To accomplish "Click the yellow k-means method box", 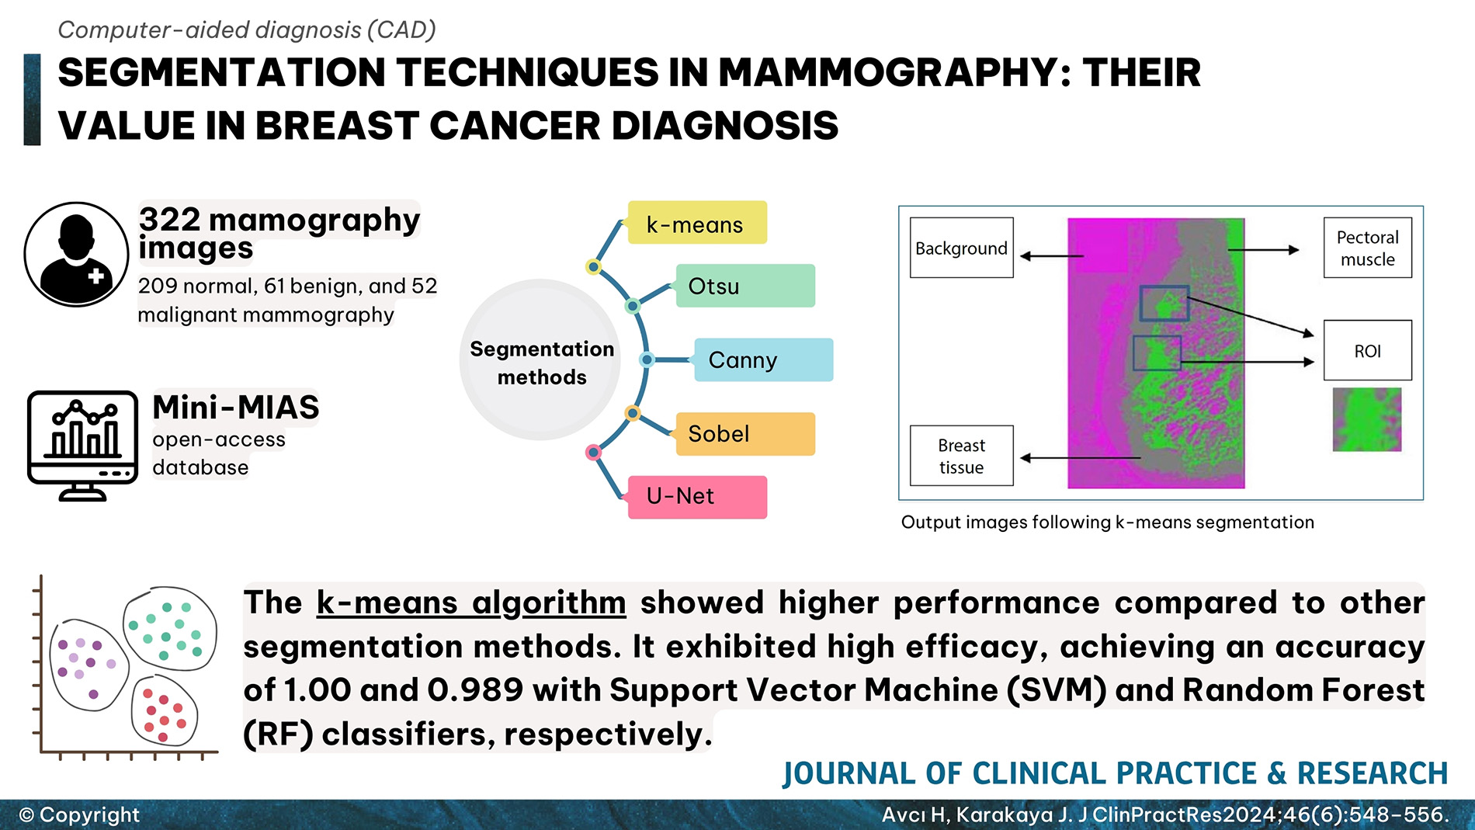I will click(696, 223).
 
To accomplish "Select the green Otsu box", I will click(745, 286).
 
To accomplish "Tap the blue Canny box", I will click(763, 359).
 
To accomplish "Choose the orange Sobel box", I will click(745, 433).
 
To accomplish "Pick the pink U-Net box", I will click(696, 497).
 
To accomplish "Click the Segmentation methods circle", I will click(541, 362).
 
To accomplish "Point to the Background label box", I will click(961, 248).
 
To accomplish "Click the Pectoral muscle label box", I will click(1367, 248).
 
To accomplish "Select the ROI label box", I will click(1367, 350).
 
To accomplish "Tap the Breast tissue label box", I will click(961, 456).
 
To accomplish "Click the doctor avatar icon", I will click(76, 255).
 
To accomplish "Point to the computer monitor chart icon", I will click(82, 445).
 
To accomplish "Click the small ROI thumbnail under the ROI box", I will click(1367, 419).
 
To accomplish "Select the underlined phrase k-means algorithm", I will click(470, 603).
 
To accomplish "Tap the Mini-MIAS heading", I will click(236, 407).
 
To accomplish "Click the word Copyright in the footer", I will click(89, 814).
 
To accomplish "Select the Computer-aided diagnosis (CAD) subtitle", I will click(247, 30).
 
